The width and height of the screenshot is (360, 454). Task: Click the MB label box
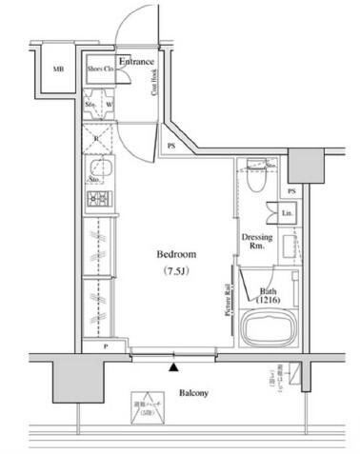58,69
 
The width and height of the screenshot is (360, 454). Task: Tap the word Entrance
136,63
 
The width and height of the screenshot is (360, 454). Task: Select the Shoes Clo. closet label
100,69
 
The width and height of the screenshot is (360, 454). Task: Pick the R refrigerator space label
95,139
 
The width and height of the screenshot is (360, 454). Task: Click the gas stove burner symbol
98,200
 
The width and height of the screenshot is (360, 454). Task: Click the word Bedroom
176,254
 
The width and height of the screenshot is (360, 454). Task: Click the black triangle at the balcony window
173,365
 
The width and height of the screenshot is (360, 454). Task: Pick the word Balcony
192,392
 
